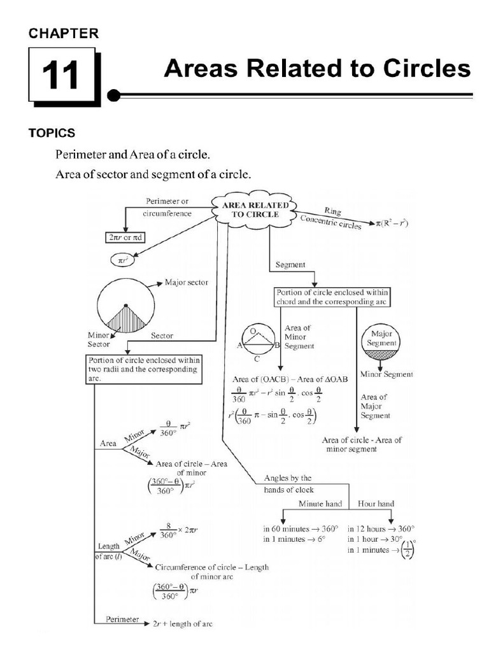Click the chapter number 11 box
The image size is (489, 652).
pos(61,76)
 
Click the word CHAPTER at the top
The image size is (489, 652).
pos(64,34)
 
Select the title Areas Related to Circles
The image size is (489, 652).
pos(317,69)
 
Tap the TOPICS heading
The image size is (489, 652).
pos(52,133)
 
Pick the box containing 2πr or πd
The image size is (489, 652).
pos(125,239)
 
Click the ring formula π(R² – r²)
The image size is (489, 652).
pos(385,225)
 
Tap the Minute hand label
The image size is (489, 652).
pos(320,504)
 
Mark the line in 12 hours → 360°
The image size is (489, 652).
pos(381,528)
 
